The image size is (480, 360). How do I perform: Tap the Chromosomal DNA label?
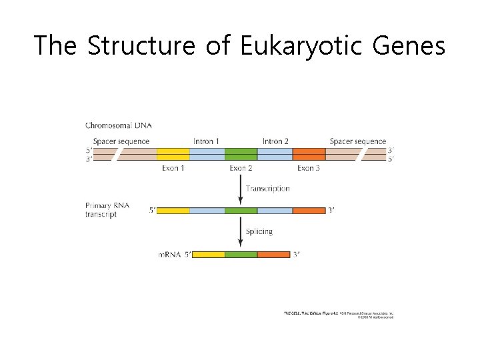pyautogui.click(x=118, y=125)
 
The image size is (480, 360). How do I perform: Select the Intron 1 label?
pyautogui.click(x=206, y=141)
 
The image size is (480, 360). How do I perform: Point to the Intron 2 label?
pyautogui.click(x=275, y=141)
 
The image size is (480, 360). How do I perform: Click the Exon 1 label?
pyautogui.click(x=173, y=168)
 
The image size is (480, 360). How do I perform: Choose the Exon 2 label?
pyautogui.click(x=241, y=168)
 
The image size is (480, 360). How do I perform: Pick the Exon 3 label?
pyautogui.click(x=309, y=168)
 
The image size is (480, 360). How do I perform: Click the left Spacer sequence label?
pyautogui.click(x=121, y=141)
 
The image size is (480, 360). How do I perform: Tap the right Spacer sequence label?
pyautogui.click(x=358, y=141)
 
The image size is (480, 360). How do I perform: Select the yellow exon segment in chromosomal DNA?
pyautogui.click(x=173, y=154)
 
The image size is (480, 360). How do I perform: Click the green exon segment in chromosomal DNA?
pyautogui.click(x=241, y=154)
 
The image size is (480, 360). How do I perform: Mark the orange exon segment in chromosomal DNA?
pyautogui.click(x=309, y=154)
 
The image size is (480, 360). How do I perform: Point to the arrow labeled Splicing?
pyautogui.click(x=240, y=233)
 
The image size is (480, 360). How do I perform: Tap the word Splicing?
pyautogui.click(x=259, y=231)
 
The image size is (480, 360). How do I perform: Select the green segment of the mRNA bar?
pyautogui.click(x=241, y=255)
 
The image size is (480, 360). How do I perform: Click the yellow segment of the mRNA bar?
pyautogui.click(x=208, y=255)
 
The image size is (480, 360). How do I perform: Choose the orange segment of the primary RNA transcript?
pyautogui.click(x=309, y=211)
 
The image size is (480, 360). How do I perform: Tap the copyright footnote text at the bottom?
pyautogui.click(x=339, y=315)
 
